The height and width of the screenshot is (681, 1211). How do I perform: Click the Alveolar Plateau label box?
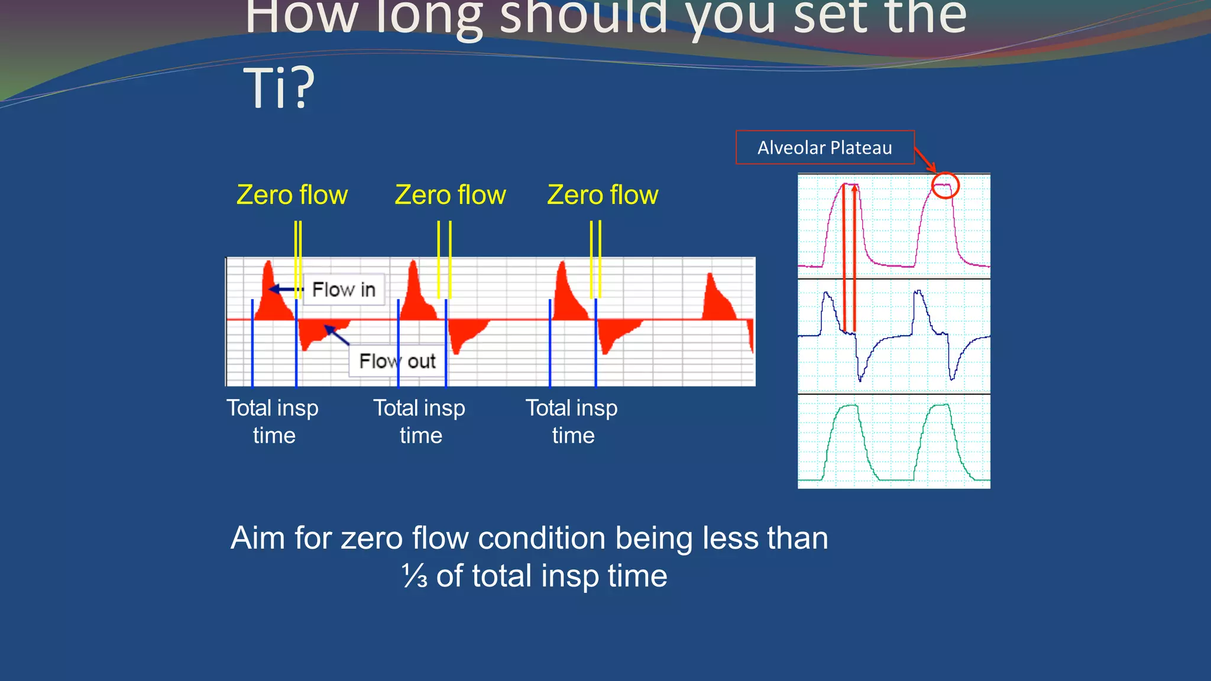(x=824, y=147)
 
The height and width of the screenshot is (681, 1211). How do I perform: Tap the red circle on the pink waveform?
(x=945, y=186)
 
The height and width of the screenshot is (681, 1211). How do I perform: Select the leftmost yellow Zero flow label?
(x=292, y=195)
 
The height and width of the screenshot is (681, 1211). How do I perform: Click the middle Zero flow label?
(x=450, y=195)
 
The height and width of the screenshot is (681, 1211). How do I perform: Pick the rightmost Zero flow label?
(x=603, y=195)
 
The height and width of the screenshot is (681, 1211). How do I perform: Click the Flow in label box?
(x=344, y=290)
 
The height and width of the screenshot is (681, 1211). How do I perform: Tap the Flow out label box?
(x=397, y=361)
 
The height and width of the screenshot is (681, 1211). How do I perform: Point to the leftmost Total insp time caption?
(x=273, y=421)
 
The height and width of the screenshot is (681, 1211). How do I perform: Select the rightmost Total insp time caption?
(x=572, y=421)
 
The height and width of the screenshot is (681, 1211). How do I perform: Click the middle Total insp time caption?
(x=419, y=421)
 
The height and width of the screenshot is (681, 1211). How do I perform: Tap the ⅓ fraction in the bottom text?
(x=415, y=576)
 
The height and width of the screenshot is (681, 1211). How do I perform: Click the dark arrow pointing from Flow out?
(x=337, y=335)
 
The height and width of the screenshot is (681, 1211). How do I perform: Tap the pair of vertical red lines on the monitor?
(x=849, y=257)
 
